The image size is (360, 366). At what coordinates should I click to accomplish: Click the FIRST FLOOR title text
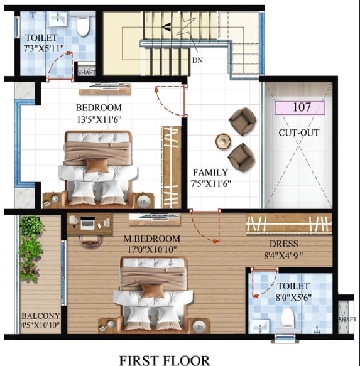tap(165, 360)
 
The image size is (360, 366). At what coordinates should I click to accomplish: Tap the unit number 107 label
tap(300, 107)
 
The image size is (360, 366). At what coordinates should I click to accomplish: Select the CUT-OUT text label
tap(299, 132)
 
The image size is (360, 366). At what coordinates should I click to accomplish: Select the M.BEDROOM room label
tap(152, 244)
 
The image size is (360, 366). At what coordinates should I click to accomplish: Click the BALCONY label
tap(40, 316)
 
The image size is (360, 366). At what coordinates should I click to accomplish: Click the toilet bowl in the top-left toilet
tap(83, 25)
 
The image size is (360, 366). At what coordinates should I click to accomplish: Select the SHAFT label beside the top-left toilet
tap(86, 72)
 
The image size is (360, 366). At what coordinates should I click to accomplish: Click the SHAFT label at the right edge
tap(347, 319)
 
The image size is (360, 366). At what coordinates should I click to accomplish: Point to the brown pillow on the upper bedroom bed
tap(96, 164)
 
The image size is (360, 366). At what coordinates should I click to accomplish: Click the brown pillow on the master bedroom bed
tap(153, 290)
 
